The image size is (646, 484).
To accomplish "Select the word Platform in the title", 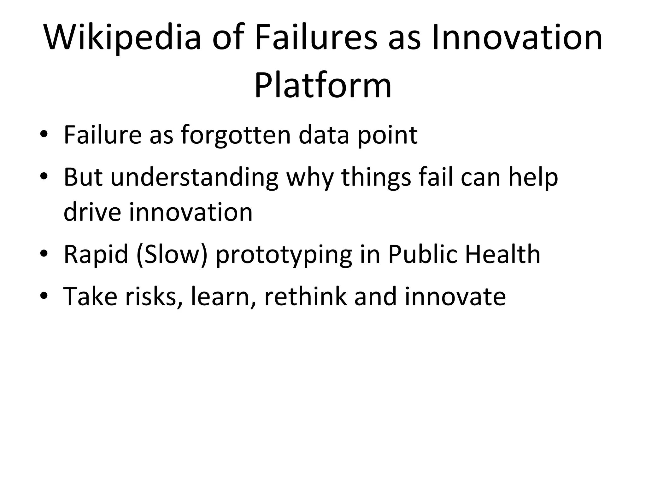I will pyautogui.click(x=323, y=86).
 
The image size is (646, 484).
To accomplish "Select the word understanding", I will pyautogui.click(x=194, y=178).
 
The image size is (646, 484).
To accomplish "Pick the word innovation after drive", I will pyautogui.click(x=191, y=212).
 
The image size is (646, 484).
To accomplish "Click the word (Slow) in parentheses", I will pyautogui.click(x=172, y=254).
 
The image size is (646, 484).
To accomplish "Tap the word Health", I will pyautogui.click(x=503, y=254).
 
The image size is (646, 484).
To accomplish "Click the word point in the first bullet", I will pyautogui.click(x=388, y=136).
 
